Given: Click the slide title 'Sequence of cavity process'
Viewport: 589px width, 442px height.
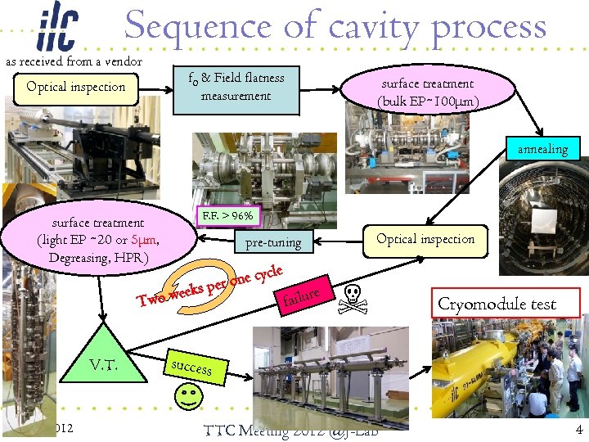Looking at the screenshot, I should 335,26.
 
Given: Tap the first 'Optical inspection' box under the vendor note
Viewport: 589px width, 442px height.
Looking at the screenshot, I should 76,88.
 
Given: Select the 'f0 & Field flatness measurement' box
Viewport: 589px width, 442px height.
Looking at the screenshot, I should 236,87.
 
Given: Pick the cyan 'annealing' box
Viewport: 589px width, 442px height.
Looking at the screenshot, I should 542,149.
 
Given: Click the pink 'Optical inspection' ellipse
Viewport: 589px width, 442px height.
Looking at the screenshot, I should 425,239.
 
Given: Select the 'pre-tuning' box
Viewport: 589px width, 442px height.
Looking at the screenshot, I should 273,242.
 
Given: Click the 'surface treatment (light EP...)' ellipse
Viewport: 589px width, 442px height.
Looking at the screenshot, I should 98,239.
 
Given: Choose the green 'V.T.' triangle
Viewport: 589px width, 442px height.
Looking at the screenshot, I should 102,361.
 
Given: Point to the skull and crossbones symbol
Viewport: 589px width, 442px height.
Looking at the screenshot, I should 354,299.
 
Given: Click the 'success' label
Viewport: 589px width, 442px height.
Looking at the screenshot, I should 191,368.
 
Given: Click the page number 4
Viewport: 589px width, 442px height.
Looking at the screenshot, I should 578,430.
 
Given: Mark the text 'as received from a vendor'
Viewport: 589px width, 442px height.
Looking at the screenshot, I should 74,61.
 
